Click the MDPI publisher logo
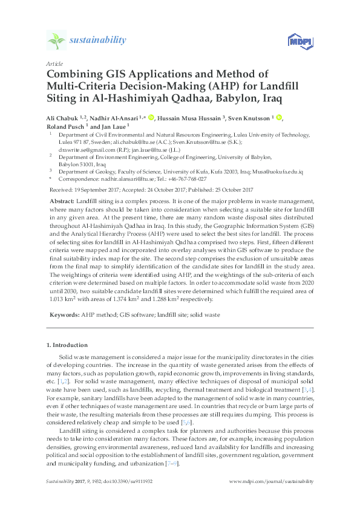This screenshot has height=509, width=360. [x=296, y=42]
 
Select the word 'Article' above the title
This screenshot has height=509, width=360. [x=54, y=63]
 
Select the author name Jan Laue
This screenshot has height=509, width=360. [x=115, y=127]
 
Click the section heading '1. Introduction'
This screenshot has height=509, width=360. [x=67, y=345]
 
